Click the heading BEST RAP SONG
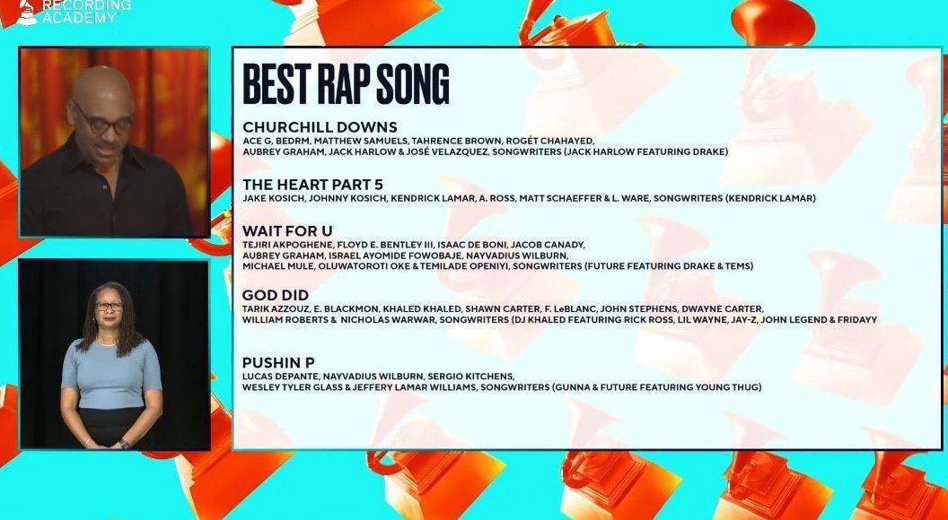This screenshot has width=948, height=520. (346, 84)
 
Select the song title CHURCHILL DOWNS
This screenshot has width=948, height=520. (320, 127)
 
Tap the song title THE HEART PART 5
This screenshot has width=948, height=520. (312, 184)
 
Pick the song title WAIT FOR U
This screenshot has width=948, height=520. (287, 230)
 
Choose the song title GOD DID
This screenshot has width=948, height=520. (275, 295)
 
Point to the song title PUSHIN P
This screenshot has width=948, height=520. (278, 363)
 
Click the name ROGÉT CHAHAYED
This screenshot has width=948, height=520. (549, 141)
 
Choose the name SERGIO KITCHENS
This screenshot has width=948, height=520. (471, 377)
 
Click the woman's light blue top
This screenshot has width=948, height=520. (112, 375)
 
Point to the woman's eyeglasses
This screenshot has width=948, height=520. (109, 307)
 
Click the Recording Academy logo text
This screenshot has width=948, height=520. (85, 12)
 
